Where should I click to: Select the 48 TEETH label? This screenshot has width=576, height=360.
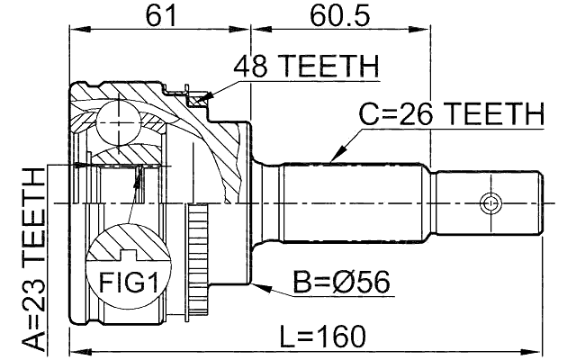click(x=306, y=67)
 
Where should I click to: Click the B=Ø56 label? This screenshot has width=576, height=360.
click(x=340, y=283)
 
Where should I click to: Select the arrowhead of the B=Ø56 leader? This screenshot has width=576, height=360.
click(x=258, y=286)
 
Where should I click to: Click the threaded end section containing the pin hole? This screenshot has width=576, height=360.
click(x=490, y=202)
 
